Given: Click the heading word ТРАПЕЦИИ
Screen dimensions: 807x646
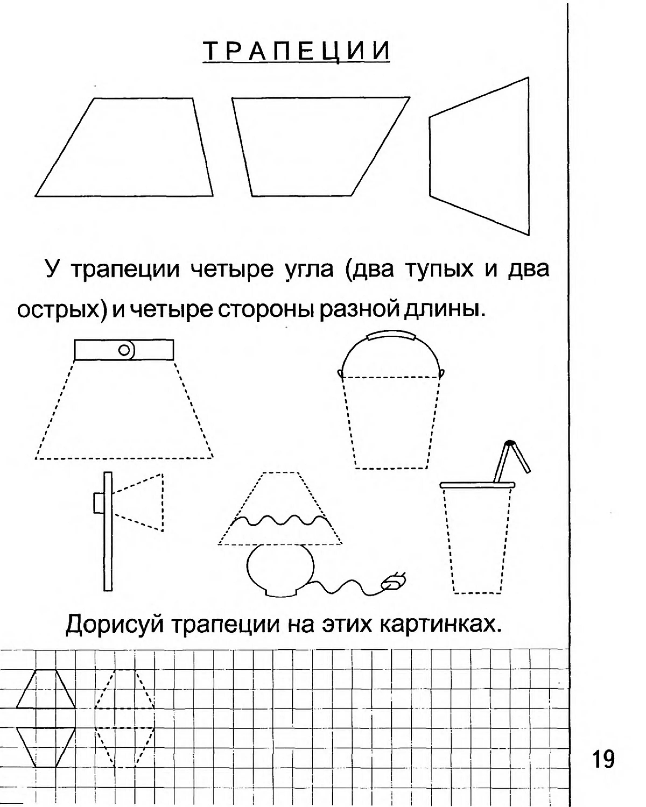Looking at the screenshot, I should point(296,51).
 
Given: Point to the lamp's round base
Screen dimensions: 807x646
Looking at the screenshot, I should point(280,570).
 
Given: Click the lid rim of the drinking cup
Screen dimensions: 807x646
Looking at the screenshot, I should point(477,485).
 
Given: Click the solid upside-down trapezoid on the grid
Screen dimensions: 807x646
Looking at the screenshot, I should point(46,747).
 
